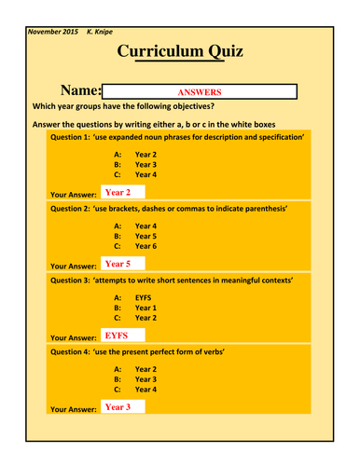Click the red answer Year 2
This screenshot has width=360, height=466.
(118, 192)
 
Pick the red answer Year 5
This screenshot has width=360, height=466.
(118, 264)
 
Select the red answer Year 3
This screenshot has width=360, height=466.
(118, 406)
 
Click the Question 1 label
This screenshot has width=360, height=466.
(70, 136)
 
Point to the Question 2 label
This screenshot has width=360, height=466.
(70, 207)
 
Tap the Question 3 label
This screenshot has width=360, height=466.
(70, 279)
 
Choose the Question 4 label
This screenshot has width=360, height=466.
(70, 350)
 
